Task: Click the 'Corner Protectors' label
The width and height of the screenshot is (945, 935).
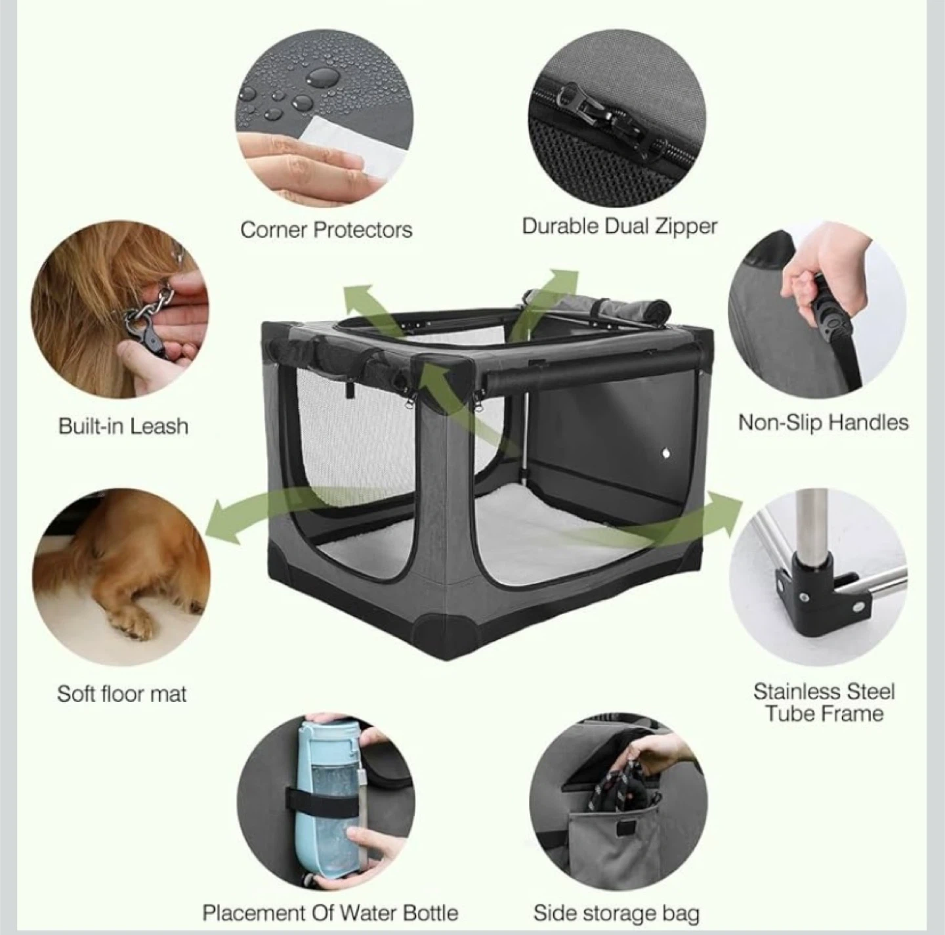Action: pos(326,230)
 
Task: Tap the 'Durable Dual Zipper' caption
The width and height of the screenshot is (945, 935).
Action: pos(619,227)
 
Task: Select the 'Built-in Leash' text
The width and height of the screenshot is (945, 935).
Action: pos(123,426)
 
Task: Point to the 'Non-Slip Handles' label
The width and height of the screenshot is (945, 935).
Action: pos(824,423)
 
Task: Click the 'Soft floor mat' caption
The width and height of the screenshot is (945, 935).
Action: pos(121,694)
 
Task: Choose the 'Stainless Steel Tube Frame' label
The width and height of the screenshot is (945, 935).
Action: pos(824,703)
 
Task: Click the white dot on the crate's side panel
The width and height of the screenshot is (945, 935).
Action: pos(666,454)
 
